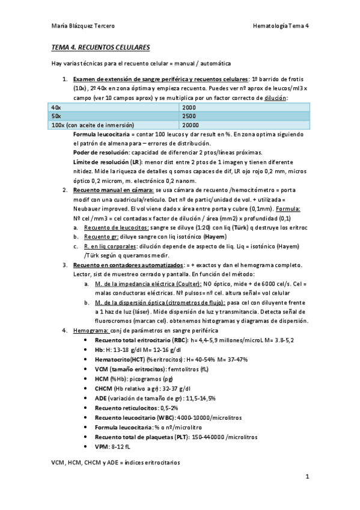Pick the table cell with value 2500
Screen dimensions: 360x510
(189, 115)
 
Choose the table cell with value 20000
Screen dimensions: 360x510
(191, 124)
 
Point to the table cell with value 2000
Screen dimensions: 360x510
(189, 106)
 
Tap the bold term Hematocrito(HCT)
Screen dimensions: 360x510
(119, 358)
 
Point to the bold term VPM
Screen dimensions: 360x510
(102, 446)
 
